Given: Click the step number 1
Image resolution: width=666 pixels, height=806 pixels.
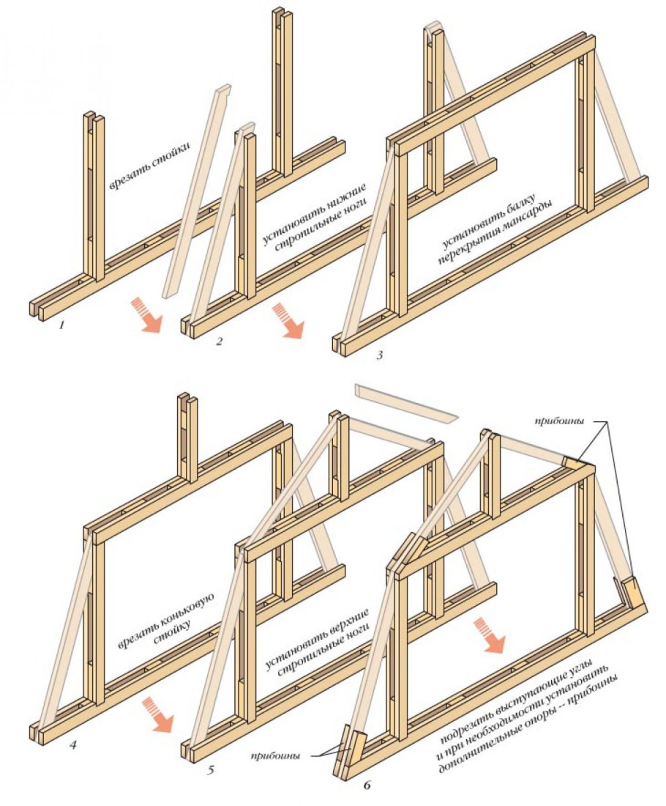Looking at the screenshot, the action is pos(62,325).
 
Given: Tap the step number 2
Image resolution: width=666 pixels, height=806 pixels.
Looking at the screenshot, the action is pos(220,341).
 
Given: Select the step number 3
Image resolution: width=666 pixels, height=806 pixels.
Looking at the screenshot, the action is pos(379,355).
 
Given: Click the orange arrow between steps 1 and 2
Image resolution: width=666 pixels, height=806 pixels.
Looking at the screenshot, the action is pos(149,314).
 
